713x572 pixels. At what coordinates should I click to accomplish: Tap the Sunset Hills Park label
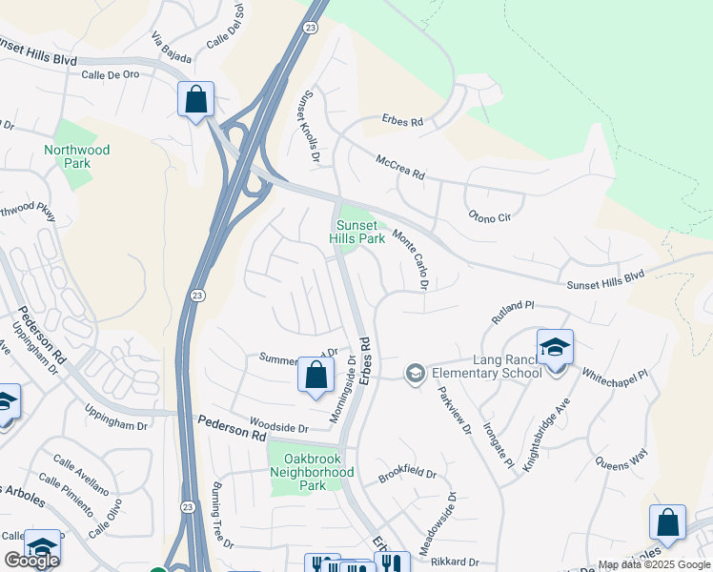[x=357, y=233]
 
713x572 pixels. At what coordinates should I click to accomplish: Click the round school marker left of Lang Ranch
[x=414, y=373]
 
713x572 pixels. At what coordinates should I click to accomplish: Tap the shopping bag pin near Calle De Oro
[x=195, y=99]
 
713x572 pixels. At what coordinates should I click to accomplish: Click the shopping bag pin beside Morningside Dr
[x=316, y=375]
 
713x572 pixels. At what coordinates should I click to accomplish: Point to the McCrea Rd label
[x=399, y=165]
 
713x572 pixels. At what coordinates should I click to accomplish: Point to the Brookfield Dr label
[x=406, y=474]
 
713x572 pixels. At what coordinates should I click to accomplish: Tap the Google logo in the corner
[x=31, y=561]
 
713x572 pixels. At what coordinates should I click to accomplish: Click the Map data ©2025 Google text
[x=654, y=564]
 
